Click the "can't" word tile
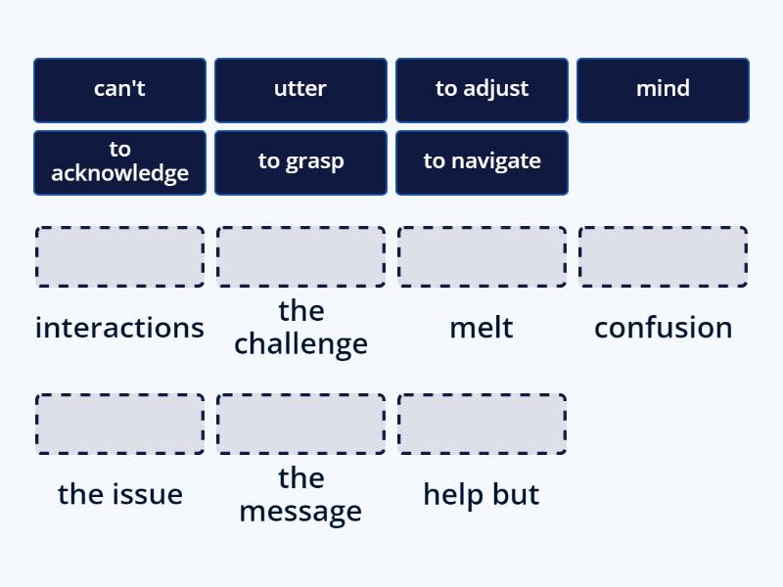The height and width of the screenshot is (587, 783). point(119,90)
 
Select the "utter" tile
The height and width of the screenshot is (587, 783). point(300,90)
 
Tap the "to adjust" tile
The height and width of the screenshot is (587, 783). point(482,90)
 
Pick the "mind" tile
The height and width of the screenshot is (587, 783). point(663,90)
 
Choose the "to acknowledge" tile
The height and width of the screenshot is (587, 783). point(119,162)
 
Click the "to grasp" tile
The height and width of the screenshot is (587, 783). point(300,162)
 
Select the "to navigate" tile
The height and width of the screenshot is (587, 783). point(482,162)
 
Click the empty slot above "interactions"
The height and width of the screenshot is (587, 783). point(119,257)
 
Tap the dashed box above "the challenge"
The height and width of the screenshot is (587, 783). point(300,257)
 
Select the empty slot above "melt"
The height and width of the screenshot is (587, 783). point(482,257)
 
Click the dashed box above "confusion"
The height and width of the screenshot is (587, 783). point(663,257)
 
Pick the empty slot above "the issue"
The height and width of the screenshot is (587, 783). point(119,425)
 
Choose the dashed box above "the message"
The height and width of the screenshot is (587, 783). point(300,425)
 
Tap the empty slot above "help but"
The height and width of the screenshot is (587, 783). point(482,425)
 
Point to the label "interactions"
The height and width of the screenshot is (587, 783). point(119,328)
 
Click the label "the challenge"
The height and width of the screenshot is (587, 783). point(300,328)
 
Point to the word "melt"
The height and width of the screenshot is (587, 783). point(482,328)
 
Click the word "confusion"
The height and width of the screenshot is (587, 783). point(663,328)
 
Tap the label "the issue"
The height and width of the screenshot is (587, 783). point(119,494)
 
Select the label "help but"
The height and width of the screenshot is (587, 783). point(482,494)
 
